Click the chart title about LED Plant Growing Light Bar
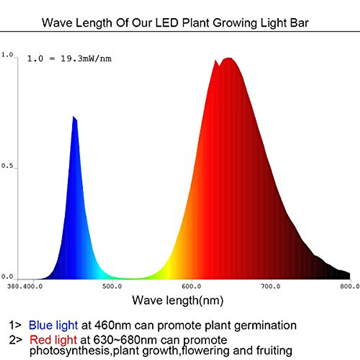pyautogui.click(x=175, y=23)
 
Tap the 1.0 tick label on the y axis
pyautogui.click(x=7, y=55)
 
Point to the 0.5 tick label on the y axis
pyautogui.click(x=7, y=166)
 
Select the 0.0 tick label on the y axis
pyautogui.click(x=7, y=277)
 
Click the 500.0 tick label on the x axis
pyautogui.click(x=112, y=286)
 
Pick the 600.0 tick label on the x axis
pyautogui.click(x=191, y=286)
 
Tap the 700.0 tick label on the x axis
pyautogui.click(x=271, y=286)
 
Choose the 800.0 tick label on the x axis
pyautogui.click(x=350, y=286)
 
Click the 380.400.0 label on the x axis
pyautogui.click(x=25, y=286)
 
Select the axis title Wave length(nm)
pyautogui.click(x=178, y=300)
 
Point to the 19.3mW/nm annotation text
pyautogui.click(x=86, y=58)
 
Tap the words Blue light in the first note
pyautogui.click(x=53, y=325)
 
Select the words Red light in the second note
pyautogui.click(x=53, y=340)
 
